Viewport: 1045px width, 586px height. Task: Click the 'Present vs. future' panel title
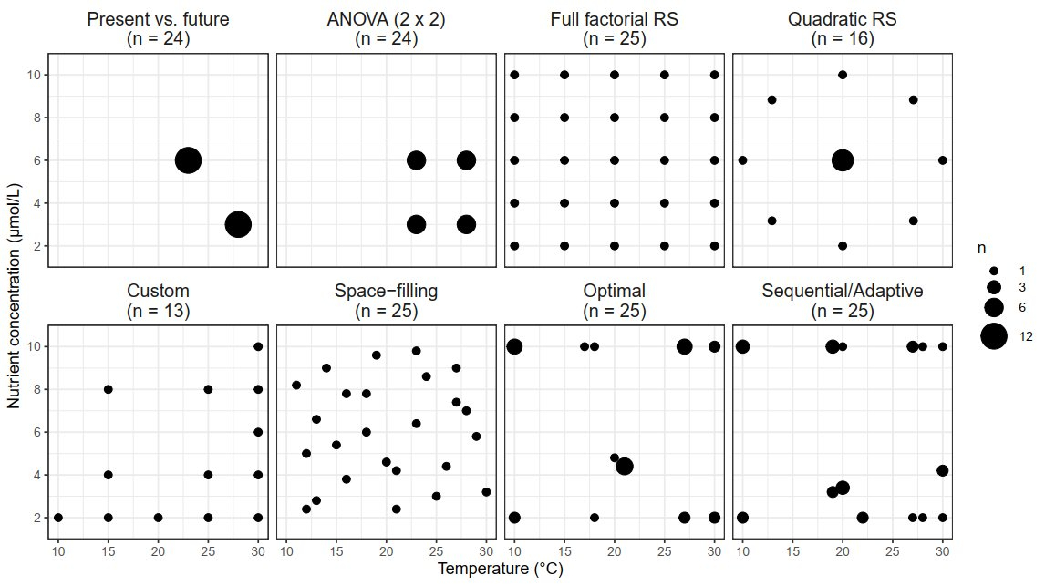[158, 19]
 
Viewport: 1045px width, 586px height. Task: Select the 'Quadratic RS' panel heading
[842, 19]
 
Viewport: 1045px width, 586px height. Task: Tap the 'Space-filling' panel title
[386, 292]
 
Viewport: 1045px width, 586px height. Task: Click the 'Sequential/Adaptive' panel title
[842, 292]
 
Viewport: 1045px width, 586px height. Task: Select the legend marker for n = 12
[994, 336]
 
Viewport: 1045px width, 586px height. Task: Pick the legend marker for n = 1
[994, 271]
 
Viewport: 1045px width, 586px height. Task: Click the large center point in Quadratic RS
[843, 160]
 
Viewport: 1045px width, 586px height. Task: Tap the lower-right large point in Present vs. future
[238, 224]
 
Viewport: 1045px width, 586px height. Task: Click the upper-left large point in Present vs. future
[188, 160]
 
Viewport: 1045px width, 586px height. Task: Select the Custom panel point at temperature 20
[159, 517]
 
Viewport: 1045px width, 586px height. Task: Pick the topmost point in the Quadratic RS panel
[843, 75]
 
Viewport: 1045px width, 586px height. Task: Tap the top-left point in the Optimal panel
[514, 346]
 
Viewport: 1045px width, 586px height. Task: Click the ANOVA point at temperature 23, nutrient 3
[416, 224]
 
